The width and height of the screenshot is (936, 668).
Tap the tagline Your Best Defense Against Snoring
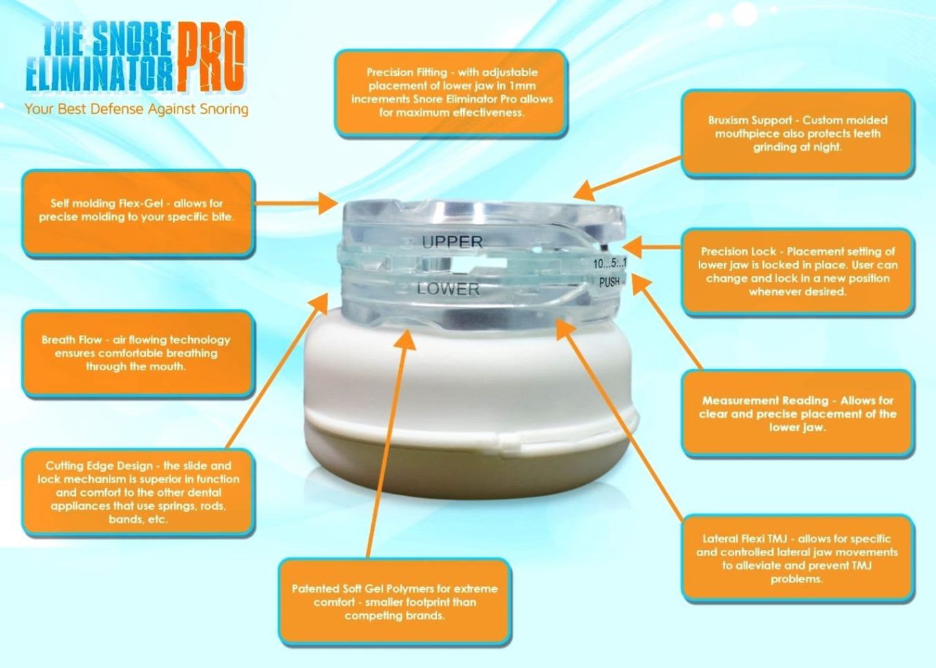pos(136,109)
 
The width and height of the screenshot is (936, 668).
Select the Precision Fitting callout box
pos(451,93)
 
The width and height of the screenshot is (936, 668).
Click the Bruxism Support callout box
pos(797,133)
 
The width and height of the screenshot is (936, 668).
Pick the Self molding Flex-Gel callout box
pos(138,212)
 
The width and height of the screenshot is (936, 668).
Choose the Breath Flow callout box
pos(138,353)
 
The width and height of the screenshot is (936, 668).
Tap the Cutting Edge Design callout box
pos(138,492)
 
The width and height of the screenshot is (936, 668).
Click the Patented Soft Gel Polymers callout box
pos(395,602)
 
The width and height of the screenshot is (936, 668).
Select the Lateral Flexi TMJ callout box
pos(797,558)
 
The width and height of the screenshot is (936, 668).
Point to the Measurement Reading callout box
pos(797,413)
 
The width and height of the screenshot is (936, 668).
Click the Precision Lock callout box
pos(797,271)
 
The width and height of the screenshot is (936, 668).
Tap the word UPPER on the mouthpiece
pos(452,242)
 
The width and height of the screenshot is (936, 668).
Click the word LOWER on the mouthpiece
pos(448,289)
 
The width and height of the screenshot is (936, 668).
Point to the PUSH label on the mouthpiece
pos(609,283)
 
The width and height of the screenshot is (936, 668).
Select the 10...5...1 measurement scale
pos(610,264)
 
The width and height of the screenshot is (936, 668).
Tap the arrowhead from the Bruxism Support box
pos(584,189)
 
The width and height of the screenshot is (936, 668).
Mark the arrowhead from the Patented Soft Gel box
pos(404,339)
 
